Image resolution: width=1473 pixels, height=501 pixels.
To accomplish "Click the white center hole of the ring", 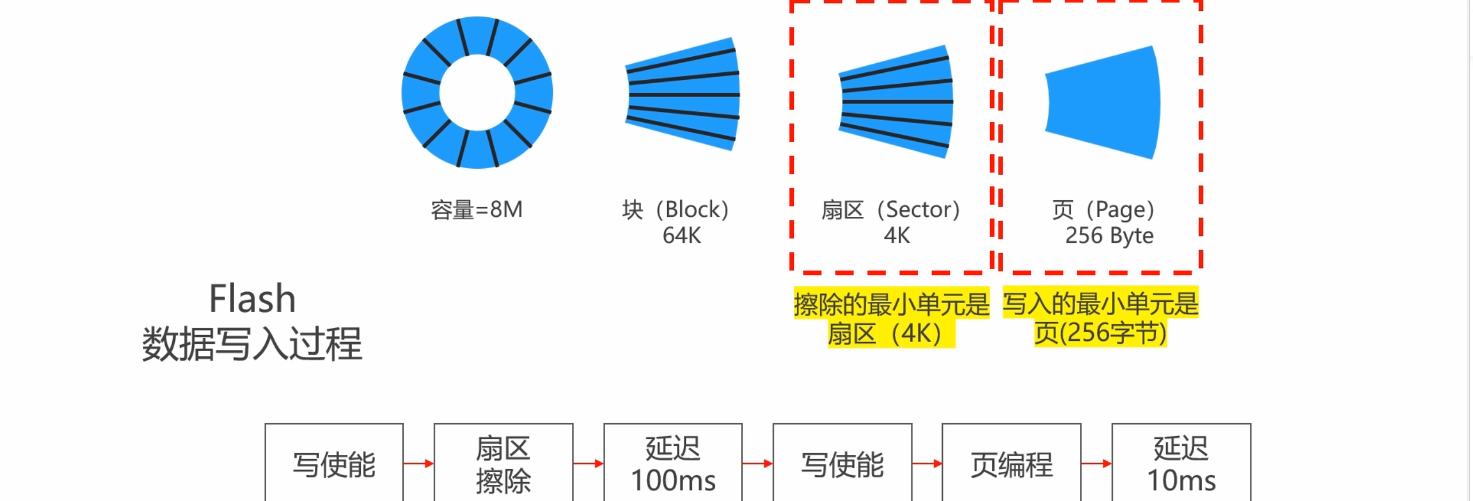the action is pos(477,93).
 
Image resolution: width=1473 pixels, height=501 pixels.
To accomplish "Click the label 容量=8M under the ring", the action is pos(477,210).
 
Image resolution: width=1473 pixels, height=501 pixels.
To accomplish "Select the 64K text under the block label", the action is pos(681,235).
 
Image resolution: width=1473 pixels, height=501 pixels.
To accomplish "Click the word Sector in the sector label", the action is pos(921,209).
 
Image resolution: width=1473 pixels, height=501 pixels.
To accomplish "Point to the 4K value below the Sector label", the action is pos(897,235).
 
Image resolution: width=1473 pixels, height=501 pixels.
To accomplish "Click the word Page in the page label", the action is pos(1117,211).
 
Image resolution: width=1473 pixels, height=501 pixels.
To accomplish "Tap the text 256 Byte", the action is pos(1109,236).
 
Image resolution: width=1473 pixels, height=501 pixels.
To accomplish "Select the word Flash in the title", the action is pos(252,299).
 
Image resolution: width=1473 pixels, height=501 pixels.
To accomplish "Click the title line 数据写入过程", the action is pos(252,344).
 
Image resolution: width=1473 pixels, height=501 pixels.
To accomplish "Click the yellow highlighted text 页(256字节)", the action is pos(1100,333).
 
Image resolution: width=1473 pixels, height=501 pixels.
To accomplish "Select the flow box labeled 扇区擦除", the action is pos(503,464).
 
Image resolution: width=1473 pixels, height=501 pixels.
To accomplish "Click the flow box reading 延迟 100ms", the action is pos(673,464).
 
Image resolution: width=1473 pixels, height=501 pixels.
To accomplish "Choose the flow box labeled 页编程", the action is pos(1011,464).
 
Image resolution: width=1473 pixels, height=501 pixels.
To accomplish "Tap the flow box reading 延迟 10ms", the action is pos(1181,464).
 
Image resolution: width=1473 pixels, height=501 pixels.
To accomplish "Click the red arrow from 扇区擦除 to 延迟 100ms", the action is pos(588,463).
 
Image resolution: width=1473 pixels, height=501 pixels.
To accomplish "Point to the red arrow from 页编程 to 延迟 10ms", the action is pos(1096,463).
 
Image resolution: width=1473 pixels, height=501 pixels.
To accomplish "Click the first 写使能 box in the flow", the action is pos(334,464).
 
